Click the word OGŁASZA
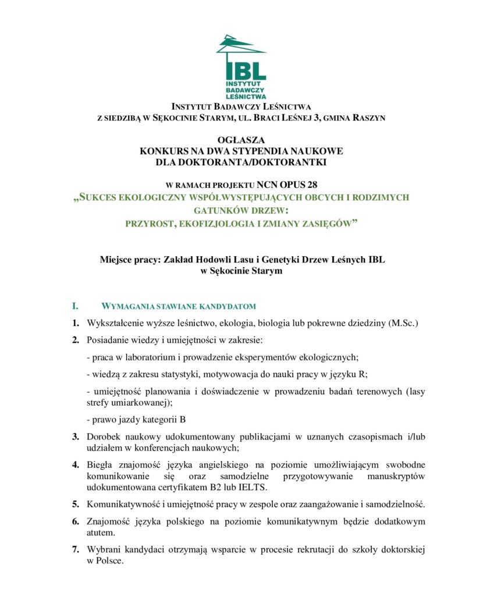pos(241,140)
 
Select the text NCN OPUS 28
pos(287,186)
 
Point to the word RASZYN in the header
pos(365,118)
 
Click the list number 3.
pos(76,436)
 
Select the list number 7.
pos(76,549)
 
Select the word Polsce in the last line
pos(109,560)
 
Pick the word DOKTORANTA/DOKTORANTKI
pos(241,162)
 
